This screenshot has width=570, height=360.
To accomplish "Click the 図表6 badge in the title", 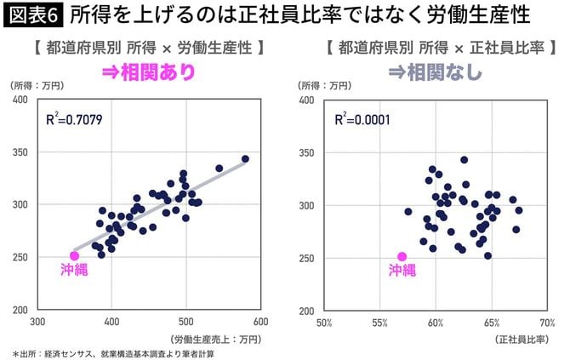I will [32, 14].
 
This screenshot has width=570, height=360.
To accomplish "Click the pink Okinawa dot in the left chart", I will [75, 255].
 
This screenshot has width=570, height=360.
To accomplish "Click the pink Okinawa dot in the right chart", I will [402, 255].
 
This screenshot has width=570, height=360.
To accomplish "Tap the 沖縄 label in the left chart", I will [74, 271].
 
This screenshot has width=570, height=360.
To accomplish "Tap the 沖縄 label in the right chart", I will [402, 271].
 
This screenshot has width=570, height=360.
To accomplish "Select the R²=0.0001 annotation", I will [362, 119].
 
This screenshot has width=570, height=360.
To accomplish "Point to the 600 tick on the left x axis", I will [260, 323].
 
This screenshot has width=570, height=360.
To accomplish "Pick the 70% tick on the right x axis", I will [546, 323].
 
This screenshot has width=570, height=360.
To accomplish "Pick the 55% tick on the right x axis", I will [380, 323].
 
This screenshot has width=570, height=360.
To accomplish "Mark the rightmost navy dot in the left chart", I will [245, 159].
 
